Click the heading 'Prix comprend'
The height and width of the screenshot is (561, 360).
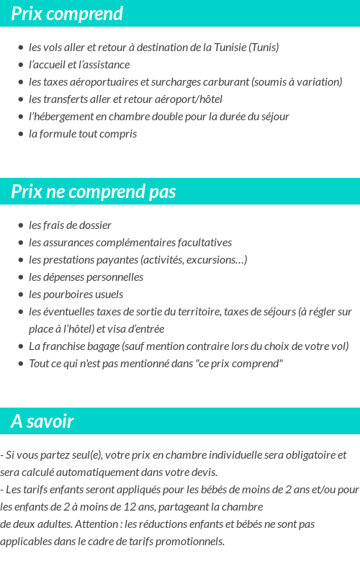point(67,14)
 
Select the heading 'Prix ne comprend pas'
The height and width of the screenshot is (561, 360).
point(94,192)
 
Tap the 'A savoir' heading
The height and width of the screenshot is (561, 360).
point(42,421)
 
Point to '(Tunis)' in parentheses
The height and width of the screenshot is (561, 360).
point(264,48)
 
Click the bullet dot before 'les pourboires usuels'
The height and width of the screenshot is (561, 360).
point(21,295)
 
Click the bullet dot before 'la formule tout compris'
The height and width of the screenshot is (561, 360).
point(21,134)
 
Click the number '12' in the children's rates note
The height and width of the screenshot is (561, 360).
point(131,507)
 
